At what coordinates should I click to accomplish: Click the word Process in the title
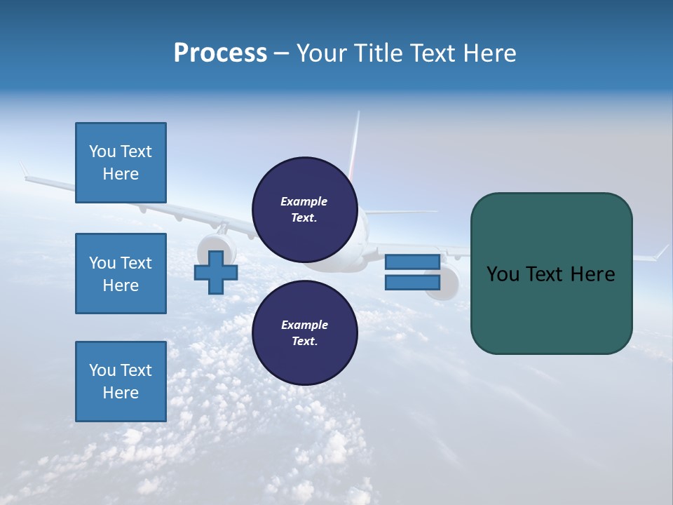(220, 53)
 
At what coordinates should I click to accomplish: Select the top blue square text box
(121, 163)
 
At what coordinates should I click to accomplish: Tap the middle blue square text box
(121, 274)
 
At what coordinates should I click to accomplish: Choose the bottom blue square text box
(121, 382)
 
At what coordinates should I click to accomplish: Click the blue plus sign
(216, 272)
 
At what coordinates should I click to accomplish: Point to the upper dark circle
(305, 209)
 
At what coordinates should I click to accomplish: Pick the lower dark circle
(305, 332)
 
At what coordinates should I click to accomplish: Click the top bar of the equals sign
(412, 262)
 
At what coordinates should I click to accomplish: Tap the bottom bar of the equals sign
(412, 283)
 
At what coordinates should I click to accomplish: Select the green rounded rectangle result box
(551, 274)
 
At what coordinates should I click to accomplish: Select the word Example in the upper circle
(304, 201)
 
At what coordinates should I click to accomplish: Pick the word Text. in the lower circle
(304, 342)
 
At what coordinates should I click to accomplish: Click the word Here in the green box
(593, 274)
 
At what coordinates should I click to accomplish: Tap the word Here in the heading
(489, 53)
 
